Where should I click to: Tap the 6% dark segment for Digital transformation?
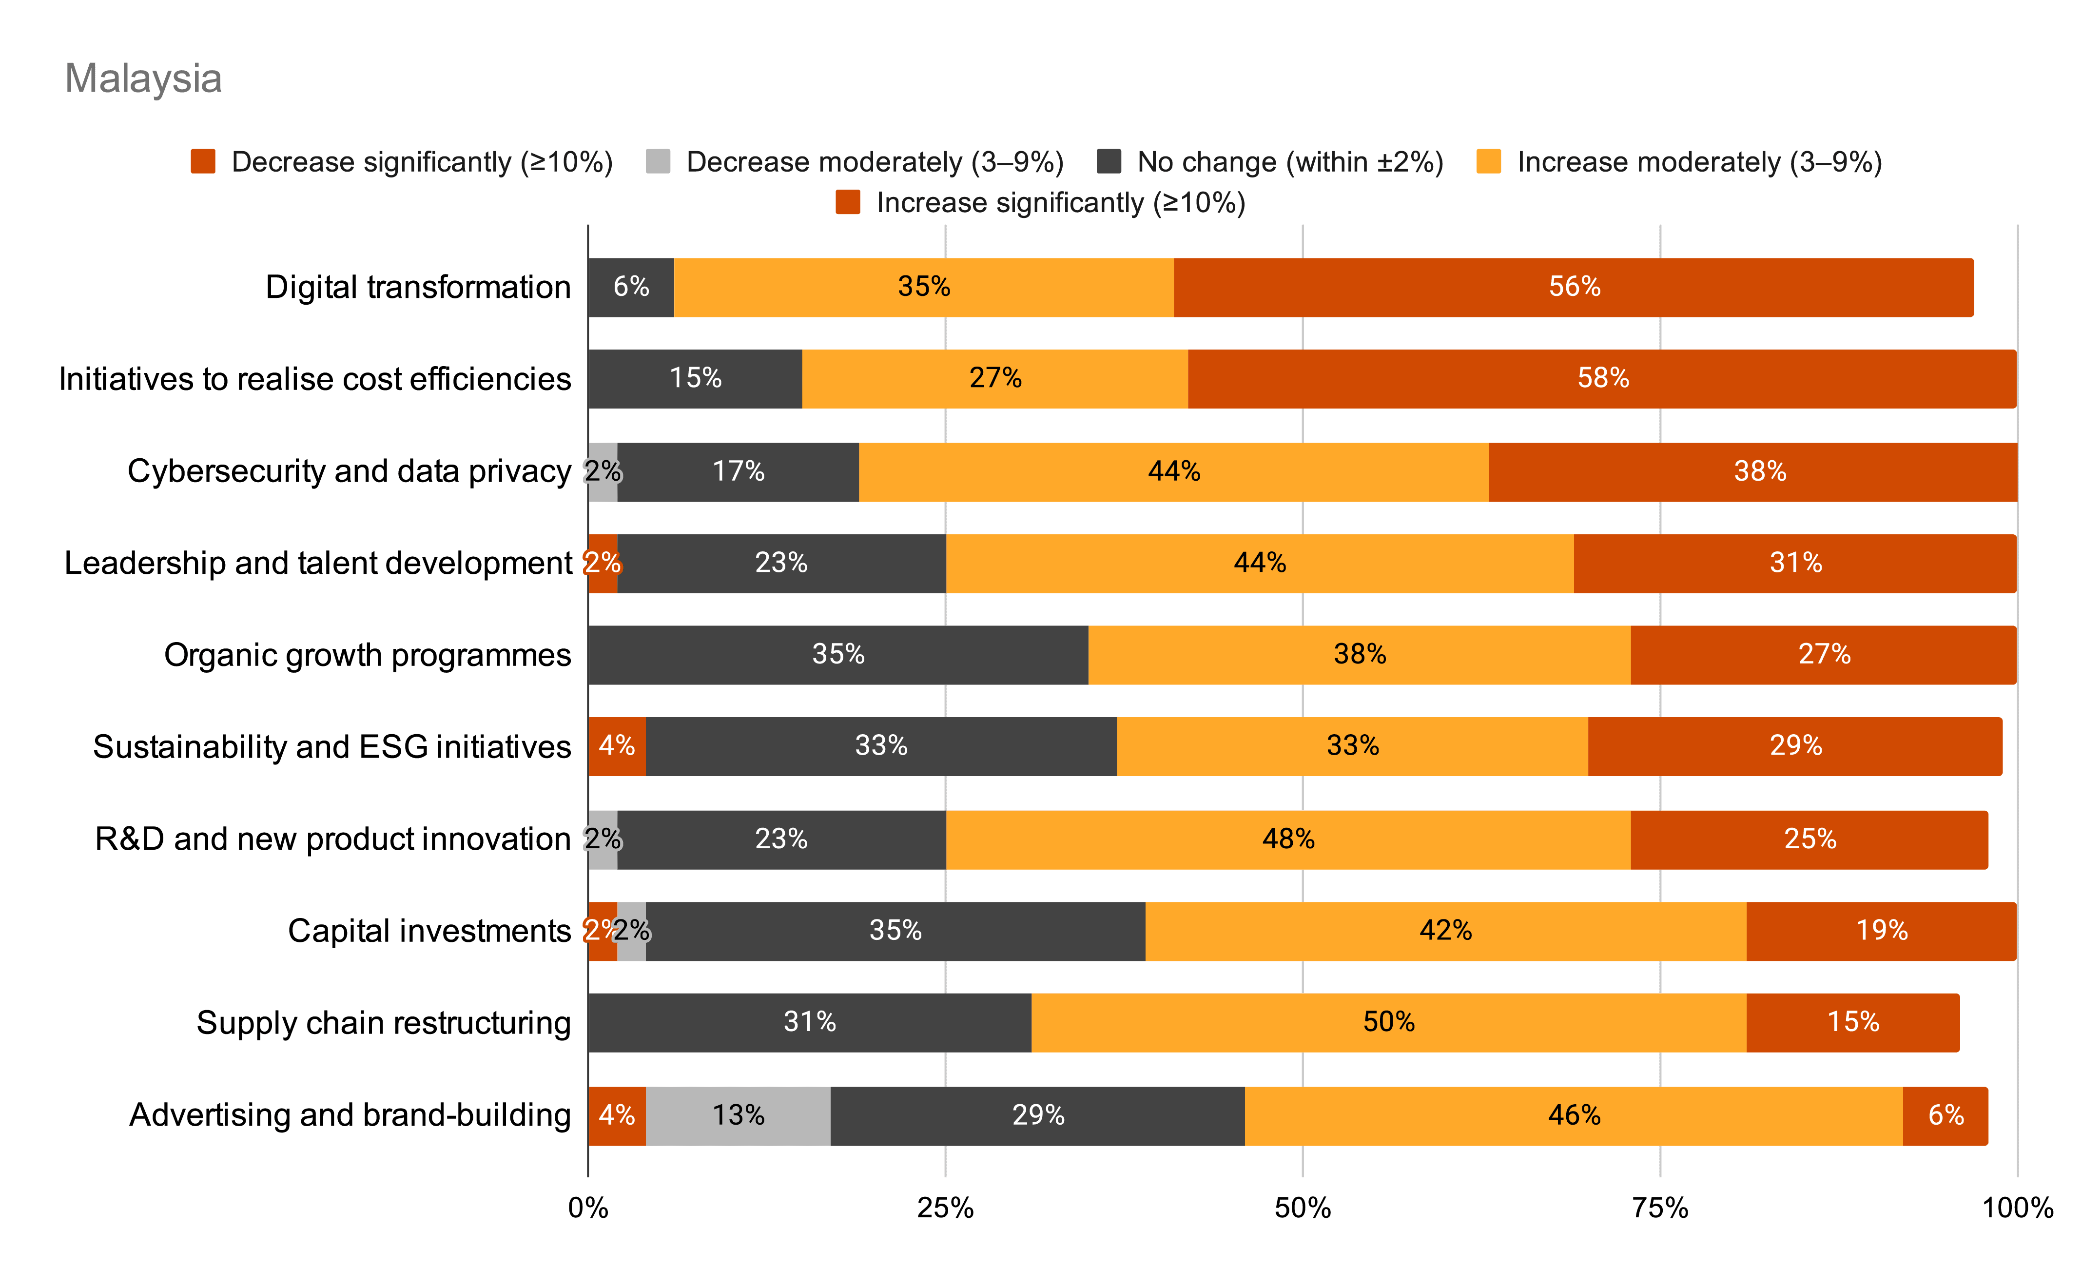pos(630,287)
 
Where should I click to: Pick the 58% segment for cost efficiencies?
pos(1602,378)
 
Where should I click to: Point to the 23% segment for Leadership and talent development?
pos(781,563)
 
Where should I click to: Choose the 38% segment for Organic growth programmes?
pos(1359,654)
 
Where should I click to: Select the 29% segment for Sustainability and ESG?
pos(1795,746)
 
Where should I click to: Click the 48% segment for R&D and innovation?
pos(1287,839)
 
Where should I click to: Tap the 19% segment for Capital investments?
pos(1881,930)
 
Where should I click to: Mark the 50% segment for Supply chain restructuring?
pos(1388,1022)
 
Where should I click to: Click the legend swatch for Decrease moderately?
pos(658,161)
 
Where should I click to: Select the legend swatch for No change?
pos(1109,161)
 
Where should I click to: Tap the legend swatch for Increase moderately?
pos(1488,161)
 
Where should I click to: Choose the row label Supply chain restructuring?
pos(383,1022)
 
